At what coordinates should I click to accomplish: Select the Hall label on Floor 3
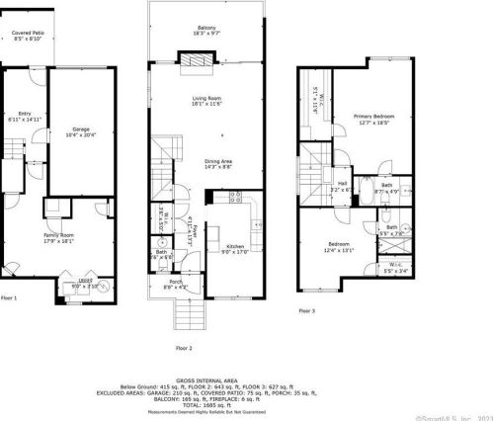click(x=342, y=185)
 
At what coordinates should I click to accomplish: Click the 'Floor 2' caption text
click(x=184, y=348)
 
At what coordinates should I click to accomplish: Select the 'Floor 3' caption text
click(x=308, y=310)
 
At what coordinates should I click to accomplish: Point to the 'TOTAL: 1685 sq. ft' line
click(x=205, y=404)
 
